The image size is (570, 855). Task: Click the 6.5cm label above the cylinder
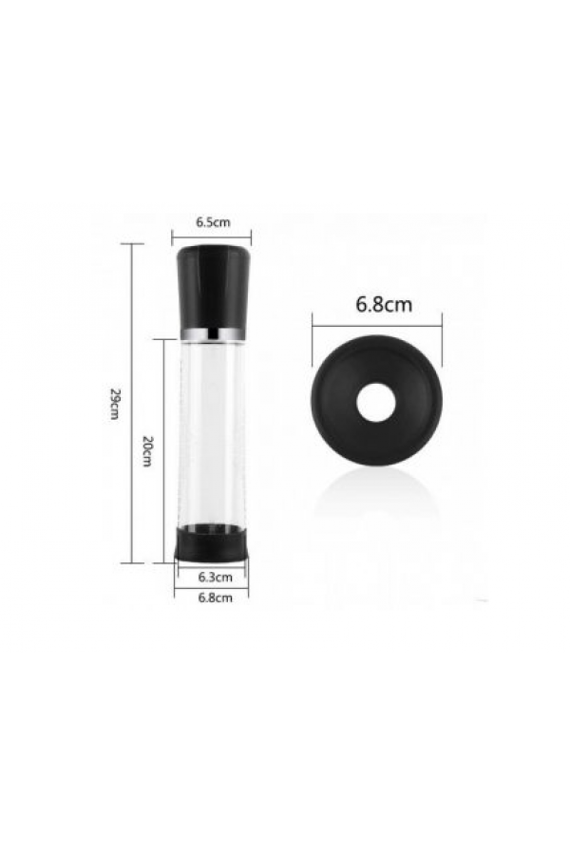[213, 222]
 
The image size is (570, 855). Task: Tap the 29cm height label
[114, 404]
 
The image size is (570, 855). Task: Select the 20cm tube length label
[146, 450]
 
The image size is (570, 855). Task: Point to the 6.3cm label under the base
[215, 577]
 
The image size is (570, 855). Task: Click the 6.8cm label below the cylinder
[215, 598]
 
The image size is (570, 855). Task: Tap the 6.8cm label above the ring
[384, 304]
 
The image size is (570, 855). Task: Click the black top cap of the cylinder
[212, 286]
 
